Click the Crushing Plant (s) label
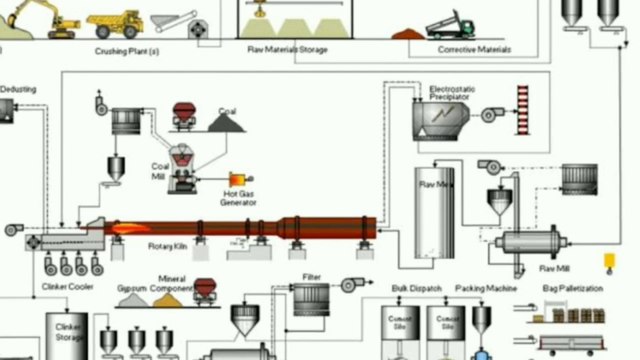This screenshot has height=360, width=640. (126, 50)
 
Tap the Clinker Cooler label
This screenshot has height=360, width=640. (67, 285)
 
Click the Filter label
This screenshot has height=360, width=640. (311, 276)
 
